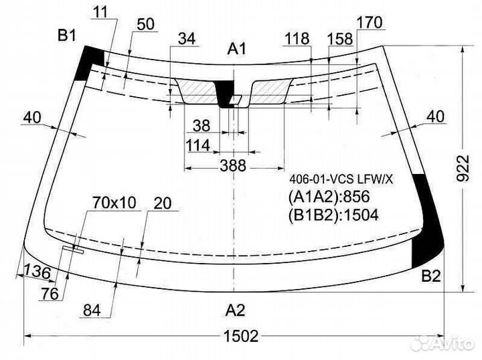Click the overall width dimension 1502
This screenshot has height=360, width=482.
241,336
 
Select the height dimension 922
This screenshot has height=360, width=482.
463,169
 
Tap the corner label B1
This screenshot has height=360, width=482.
67,36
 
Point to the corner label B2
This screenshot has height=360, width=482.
431,276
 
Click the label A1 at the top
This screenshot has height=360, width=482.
237,49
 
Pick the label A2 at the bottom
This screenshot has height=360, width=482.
235,310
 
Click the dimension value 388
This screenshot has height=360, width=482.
234,166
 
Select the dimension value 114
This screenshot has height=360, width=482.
198,146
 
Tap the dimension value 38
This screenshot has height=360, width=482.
202,126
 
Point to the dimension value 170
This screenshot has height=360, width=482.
370,23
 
